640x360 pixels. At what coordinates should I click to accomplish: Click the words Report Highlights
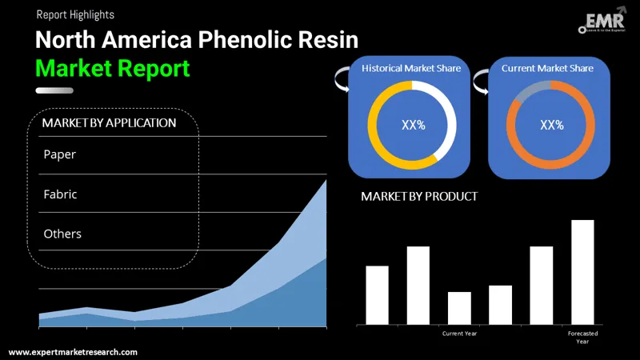coord(75,14)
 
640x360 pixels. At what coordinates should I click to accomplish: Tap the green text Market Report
coord(113,68)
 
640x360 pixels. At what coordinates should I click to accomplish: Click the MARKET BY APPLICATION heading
coord(109,123)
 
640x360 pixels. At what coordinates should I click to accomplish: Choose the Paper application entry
coord(60,154)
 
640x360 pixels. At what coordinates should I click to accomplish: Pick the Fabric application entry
coord(61,194)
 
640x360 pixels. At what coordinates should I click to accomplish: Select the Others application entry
coord(62,234)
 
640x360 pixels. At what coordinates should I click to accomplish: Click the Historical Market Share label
coord(411,69)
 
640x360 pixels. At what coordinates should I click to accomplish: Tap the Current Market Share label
coord(548,69)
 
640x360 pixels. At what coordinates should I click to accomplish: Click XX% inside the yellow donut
coord(413,125)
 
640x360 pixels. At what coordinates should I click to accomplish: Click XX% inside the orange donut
coord(552,125)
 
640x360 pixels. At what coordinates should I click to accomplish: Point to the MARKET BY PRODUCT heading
coord(419,196)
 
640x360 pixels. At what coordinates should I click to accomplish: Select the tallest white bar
coord(582,272)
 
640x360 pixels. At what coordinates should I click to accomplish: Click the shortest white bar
coord(459,308)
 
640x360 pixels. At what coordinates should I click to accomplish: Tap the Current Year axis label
coord(459,333)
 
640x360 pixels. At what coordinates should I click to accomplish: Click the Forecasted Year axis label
coord(582,337)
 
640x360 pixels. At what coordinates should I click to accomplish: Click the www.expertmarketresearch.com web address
coord(73,352)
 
